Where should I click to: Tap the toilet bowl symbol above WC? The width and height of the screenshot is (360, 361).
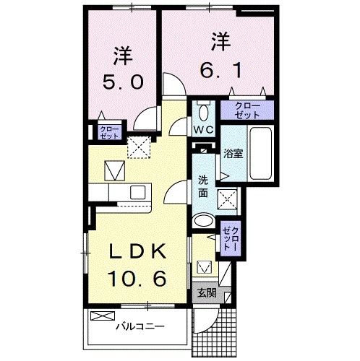202,112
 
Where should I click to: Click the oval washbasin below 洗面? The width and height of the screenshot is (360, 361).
204,222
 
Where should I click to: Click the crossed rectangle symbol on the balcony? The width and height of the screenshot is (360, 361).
103,316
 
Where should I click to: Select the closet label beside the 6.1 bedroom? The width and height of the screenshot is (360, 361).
247,110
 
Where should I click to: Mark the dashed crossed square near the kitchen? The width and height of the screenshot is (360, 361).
137,147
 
